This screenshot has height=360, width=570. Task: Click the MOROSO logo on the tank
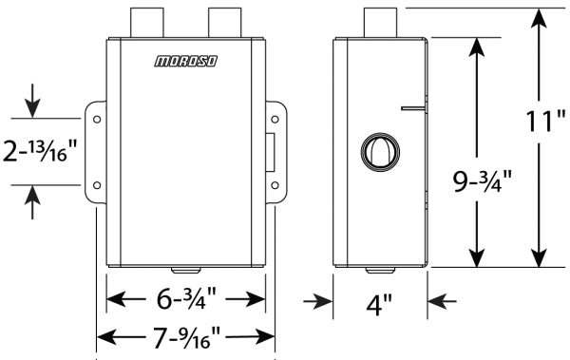(186, 61)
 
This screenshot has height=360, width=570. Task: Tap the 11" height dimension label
(545, 121)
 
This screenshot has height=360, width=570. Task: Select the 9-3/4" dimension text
(483, 181)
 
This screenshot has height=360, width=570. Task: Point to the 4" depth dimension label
(379, 304)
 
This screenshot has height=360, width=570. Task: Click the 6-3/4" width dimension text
(186, 299)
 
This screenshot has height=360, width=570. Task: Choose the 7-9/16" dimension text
(186, 338)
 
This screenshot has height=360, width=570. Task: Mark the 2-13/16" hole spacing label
(40, 150)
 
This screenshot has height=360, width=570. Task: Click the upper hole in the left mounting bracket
(97, 120)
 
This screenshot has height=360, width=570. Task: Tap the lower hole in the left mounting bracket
(97, 185)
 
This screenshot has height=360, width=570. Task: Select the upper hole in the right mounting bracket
(275, 120)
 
